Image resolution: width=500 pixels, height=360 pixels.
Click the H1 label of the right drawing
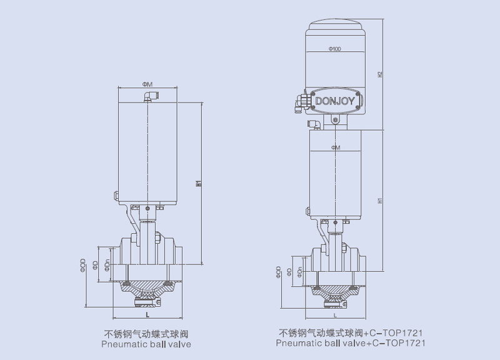pos(381,201)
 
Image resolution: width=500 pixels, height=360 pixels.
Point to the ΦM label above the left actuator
pos(147,84)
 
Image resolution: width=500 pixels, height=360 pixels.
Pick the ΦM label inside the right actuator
pos(335,147)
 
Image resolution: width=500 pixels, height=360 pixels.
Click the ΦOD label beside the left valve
pos(83,266)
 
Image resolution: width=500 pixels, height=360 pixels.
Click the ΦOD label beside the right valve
pos(278,272)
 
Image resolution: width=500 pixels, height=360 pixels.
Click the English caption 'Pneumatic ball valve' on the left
pos(146,344)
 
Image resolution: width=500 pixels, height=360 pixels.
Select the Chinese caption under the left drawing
pos(146,334)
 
